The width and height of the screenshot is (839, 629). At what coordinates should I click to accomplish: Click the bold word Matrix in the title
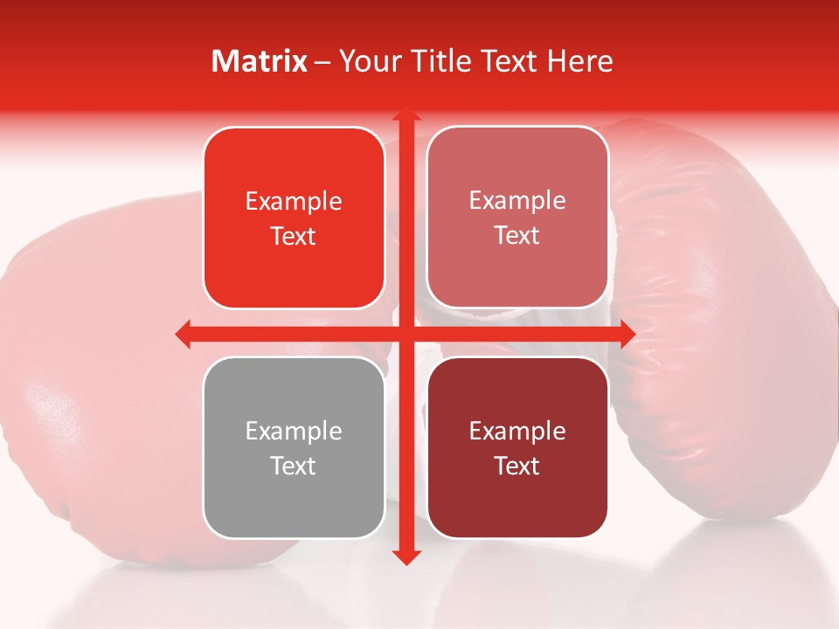(x=260, y=61)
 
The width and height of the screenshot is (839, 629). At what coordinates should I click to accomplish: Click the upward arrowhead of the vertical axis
(x=406, y=115)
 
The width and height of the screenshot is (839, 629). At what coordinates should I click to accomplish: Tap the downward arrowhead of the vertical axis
(x=406, y=556)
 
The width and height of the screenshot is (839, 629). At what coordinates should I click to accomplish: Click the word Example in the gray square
(x=294, y=432)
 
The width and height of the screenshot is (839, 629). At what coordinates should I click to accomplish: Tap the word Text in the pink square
(x=517, y=236)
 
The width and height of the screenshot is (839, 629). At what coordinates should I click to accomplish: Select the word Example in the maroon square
(x=517, y=432)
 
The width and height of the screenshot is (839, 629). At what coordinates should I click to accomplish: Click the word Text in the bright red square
(x=294, y=237)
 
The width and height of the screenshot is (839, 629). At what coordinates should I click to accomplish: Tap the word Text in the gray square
(x=294, y=467)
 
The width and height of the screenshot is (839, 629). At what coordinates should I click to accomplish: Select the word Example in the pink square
(x=517, y=201)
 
